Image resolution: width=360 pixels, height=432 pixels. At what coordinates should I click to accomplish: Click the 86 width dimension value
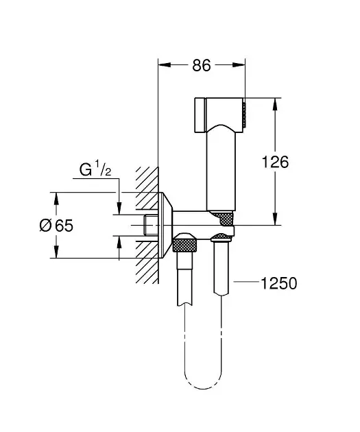[200, 66]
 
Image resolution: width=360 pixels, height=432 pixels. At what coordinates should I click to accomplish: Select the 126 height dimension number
[276, 162]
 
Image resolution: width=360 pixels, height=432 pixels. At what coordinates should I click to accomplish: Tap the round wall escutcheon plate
[165, 225]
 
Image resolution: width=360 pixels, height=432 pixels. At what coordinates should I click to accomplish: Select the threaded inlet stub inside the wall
[150, 224]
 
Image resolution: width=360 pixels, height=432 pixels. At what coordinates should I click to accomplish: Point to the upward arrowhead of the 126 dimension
[276, 104]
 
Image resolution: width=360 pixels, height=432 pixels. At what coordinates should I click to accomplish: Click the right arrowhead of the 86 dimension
[240, 66]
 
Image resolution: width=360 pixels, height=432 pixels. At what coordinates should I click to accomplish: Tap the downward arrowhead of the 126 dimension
[276, 219]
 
